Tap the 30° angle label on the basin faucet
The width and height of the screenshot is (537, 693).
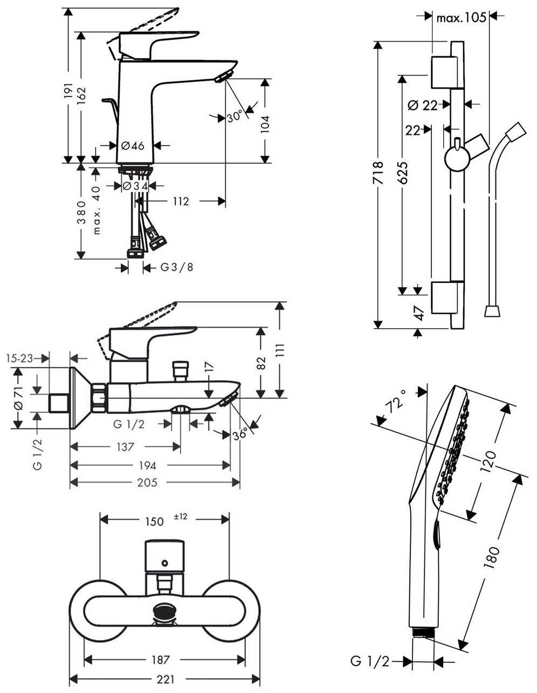234,117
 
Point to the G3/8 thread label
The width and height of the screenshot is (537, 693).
176,267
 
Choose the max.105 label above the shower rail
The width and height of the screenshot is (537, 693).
462,18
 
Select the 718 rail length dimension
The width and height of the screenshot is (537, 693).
378,173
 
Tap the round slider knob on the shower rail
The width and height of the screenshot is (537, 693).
456,159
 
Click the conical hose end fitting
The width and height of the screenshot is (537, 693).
492,311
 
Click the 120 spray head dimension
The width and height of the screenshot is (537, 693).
488,460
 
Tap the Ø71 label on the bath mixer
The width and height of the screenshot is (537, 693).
17,398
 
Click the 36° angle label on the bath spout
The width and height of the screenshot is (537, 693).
242,433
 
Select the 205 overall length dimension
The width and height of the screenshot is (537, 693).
147,483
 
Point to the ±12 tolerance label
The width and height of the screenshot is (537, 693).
180,517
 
